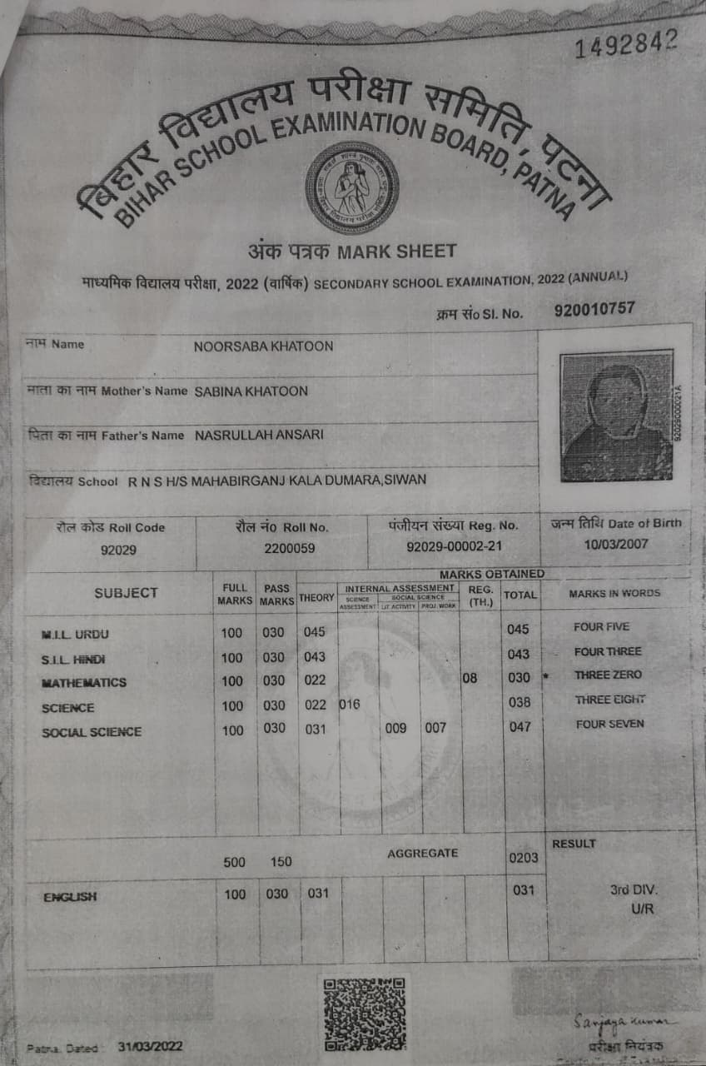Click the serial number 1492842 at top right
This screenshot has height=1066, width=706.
pos(626,43)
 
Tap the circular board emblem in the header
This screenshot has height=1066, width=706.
pos(351,188)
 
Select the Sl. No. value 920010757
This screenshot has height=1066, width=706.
pos(594,309)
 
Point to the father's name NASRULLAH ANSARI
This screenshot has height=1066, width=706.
pos(259,435)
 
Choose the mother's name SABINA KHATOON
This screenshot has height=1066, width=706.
pos(251,391)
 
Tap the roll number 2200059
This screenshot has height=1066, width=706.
pos(284,549)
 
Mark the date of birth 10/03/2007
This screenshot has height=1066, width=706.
pos(617,544)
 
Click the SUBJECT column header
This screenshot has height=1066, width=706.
pos(126,593)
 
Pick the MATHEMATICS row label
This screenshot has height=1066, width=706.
pos(84,683)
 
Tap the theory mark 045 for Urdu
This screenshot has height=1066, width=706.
pos(314,632)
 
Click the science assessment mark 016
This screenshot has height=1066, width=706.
pos(350,705)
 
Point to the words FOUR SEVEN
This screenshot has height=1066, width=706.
pos(609,725)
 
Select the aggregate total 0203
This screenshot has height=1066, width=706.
pos(523,858)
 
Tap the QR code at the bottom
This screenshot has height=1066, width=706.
pos(364,1013)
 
